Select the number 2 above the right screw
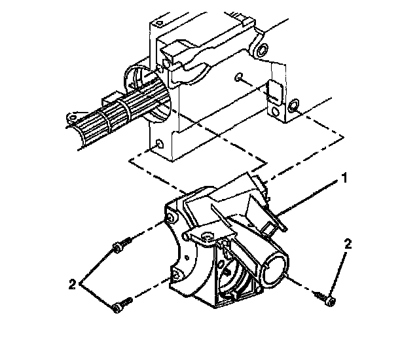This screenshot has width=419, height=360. pos(348,244)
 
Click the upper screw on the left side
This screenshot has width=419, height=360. pos(121,247)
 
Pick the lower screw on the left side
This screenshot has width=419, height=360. pos(120,303)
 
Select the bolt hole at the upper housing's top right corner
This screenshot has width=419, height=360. pos(262,50)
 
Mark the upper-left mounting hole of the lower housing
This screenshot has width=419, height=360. pos(172,216)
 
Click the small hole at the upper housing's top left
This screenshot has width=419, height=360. pos(160,67)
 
